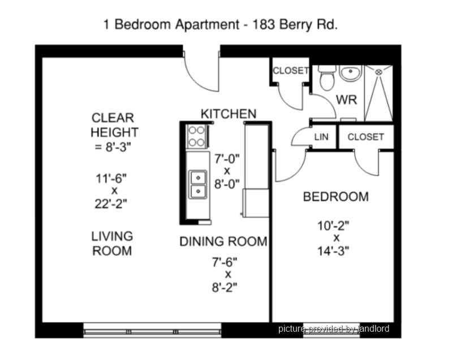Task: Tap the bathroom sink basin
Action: (350, 73)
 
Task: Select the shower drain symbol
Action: (378, 72)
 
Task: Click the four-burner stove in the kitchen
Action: (197, 136)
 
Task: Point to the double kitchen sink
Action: (198, 184)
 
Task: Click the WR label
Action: (346, 99)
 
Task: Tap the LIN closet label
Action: (321, 137)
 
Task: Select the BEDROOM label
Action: (336, 197)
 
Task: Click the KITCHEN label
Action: (229, 114)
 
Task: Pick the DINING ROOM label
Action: (223, 241)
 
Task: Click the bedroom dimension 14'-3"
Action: (333, 251)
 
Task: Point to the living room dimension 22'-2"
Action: (111, 204)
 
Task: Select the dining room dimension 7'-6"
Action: (225, 262)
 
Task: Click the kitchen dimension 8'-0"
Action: (227, 184)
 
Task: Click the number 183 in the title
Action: (264, 24)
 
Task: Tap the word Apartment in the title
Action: (208, 25)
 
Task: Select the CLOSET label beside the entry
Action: (291, 71)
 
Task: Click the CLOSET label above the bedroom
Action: (365, 137)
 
